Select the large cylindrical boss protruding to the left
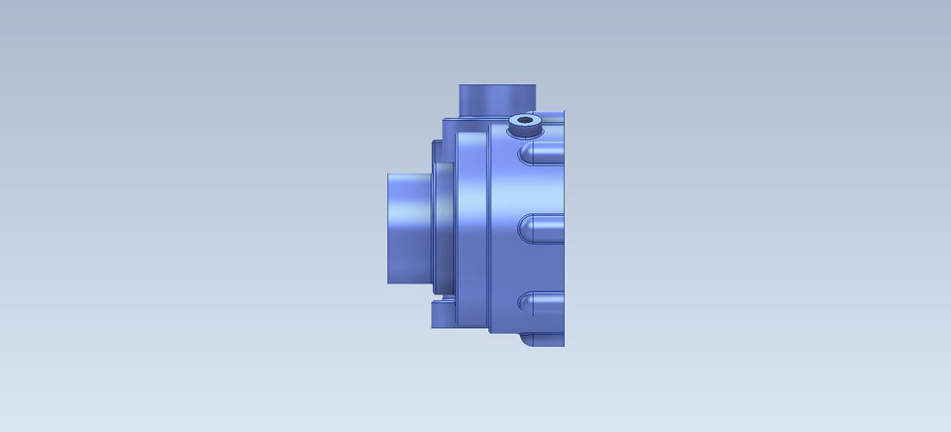point(408,228)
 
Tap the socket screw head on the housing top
point(524,125)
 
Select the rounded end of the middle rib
point(526,228)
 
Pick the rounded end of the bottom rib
point(526,303)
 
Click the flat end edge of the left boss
point(388,228)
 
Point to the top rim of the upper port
point(495,86)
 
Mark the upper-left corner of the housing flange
point(445,120)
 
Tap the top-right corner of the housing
point(563,112)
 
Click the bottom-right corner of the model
point(563,345)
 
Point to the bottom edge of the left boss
point(408,283)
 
